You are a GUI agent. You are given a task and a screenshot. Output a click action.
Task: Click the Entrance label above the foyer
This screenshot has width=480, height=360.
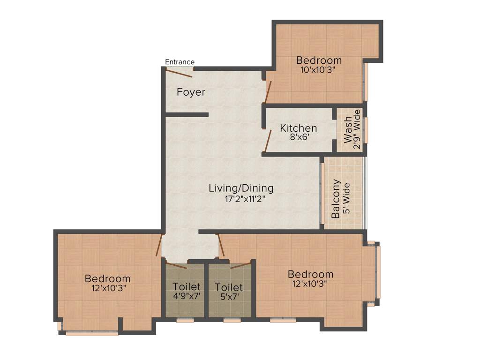click(180, 62)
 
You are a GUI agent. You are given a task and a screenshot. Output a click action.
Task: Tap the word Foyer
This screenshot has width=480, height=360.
click(191, 92)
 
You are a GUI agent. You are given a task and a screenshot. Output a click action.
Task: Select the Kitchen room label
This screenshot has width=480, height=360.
click(299, 128)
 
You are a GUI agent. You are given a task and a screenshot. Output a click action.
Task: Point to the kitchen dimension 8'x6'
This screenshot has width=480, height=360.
click(299, 138)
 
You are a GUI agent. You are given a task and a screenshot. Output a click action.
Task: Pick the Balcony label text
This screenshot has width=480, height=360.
click(336, 199)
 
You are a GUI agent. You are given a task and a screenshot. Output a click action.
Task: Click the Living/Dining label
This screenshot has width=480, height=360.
click(241, 188)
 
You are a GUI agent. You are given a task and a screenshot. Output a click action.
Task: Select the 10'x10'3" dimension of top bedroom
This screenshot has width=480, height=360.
click(319, 70)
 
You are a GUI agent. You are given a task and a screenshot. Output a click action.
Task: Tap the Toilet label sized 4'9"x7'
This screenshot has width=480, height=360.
click(186, 286)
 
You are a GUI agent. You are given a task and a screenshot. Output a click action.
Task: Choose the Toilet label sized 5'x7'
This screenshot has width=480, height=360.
click(229, 287)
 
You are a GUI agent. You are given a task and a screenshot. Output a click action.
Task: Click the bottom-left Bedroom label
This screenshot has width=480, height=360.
click(107, 279)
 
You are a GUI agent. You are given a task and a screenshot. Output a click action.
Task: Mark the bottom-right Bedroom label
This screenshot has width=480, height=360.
click(310, 274)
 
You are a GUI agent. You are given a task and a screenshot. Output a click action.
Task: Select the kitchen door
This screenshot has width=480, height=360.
click(268, 141)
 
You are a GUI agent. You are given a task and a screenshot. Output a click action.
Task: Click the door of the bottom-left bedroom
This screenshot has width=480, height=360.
click(159, 244)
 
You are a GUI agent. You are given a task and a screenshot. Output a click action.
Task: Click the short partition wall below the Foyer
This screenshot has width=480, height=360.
click(187, 114)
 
